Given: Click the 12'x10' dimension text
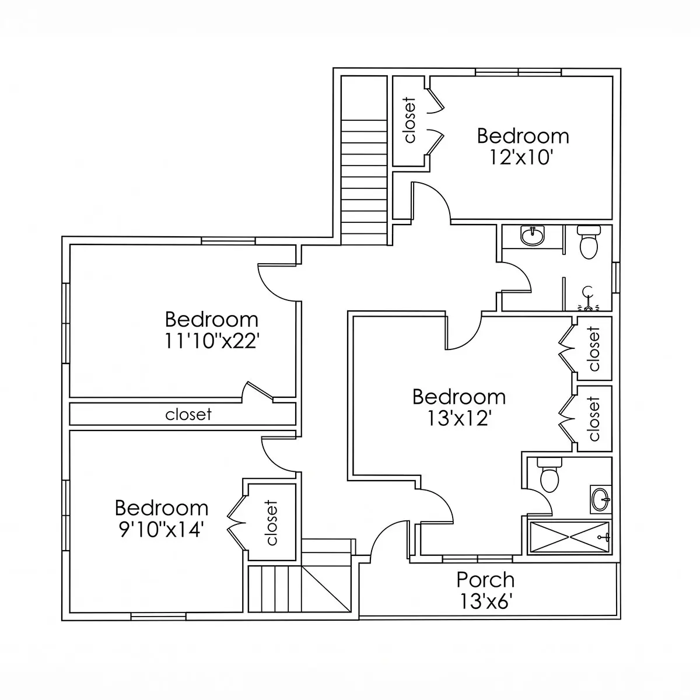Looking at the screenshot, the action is point(521,157).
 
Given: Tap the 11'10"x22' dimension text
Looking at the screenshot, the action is point(212,341).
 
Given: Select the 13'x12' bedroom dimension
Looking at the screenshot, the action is point(459,418).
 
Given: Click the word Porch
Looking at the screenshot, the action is point(485,580).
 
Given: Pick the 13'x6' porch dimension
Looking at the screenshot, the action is point(486,601).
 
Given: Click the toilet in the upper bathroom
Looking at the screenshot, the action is point(589,242).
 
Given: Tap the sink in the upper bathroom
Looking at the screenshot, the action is point(533,236).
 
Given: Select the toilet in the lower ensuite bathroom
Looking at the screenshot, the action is point(549,474).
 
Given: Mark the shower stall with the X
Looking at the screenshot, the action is point(569,538).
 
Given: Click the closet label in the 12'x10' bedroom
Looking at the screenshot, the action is point(409,120).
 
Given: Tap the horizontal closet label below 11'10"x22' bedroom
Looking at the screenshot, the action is point(188,414).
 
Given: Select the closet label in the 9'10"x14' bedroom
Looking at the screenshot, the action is point(271,523).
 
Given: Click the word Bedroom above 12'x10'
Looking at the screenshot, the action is point(523,136).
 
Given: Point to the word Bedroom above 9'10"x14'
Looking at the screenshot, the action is point(162,508).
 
